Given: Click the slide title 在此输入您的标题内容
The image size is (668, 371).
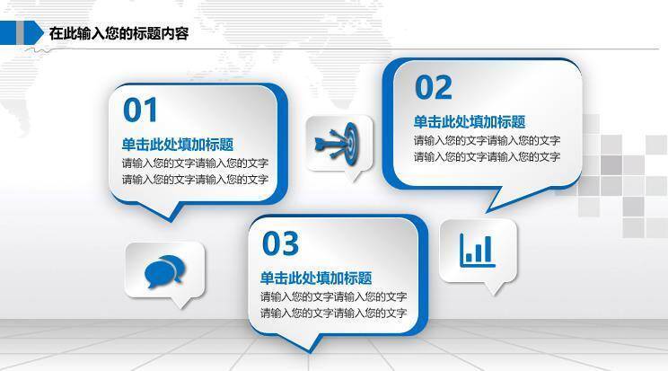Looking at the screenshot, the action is tap(119, 33).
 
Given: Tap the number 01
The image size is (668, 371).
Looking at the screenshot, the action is tap(140, 110).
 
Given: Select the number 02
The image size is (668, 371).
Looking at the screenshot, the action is tap(434, 87).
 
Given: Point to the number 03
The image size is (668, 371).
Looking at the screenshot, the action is tap(280, 243).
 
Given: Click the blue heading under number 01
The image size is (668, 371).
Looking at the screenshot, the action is tap(178, 145).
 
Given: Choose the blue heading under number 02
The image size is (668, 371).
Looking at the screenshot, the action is tap(470, 122).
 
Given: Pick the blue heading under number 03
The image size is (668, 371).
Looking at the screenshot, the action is tap(316, 278).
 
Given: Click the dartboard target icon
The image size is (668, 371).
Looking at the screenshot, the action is tap(338, 144).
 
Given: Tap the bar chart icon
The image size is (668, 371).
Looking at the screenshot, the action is tap(478, 251).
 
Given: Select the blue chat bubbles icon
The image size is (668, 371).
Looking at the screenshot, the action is tap(164, 270).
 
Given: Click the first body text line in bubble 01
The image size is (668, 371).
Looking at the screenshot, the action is tap(195, 163).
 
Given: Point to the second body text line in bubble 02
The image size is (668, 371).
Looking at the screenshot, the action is tap(487, 157).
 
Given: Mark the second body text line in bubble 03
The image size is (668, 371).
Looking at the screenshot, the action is tap(334, 314).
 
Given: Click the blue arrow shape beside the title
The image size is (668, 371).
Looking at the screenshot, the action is tap(33, 33).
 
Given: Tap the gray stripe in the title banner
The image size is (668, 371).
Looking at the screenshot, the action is tap(20, 32).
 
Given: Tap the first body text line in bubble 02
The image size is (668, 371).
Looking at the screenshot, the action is tap(487, 140).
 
